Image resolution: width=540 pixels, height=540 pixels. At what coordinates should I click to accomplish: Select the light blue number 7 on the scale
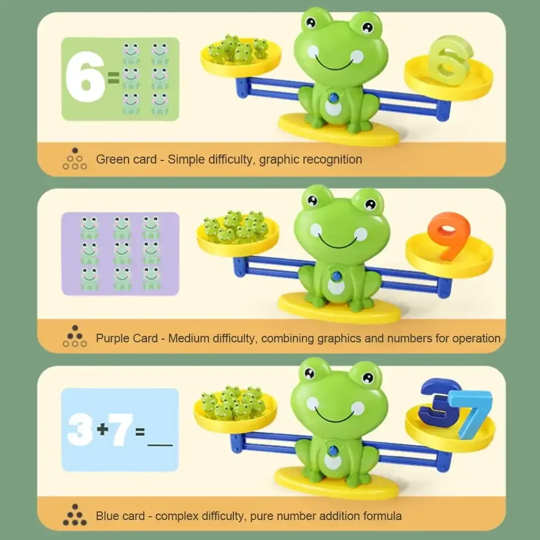(474, 414)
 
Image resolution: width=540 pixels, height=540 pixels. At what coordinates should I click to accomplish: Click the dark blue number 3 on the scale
(440, 402)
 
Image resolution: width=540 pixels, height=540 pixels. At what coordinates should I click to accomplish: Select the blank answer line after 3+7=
(160, 444)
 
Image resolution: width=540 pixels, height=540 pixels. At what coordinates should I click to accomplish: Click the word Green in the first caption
(112, 159)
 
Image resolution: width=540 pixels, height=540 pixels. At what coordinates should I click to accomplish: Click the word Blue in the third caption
(108, 516)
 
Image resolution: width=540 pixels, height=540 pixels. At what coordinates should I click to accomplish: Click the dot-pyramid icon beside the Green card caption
(75, 159)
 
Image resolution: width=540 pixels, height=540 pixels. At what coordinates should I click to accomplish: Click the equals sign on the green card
(113, 80)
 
